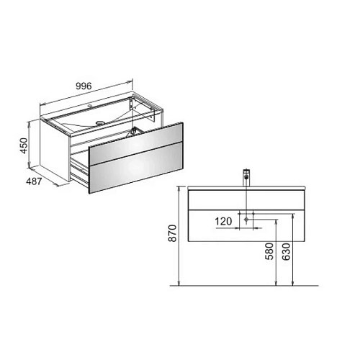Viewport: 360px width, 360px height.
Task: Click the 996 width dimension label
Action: (84, 86)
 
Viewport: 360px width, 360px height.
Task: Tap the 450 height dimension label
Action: (24, 145)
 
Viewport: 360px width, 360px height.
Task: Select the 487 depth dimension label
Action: (34, 181)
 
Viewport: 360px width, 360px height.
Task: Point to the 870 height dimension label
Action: (173, 233)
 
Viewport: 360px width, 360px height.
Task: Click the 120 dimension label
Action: (223, 221)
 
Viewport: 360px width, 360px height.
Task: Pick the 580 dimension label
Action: (269, 251)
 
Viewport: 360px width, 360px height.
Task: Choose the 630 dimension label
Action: (286, 251)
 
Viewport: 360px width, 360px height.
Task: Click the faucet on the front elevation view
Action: (246, 178)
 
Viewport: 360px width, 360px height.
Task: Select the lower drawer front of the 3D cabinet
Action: (136, 168)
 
